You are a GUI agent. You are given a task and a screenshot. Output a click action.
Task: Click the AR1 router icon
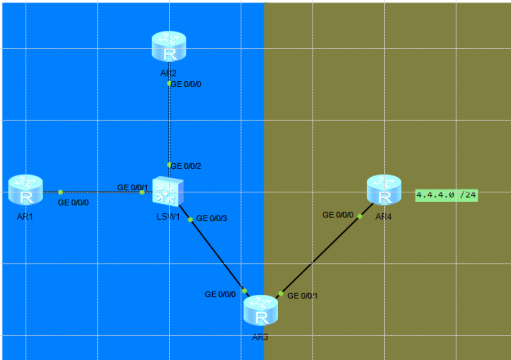[x=25, y=191]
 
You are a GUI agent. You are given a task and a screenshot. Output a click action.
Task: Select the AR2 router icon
[x=168, y=47]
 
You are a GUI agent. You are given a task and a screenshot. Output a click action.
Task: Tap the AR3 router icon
[x=261, y=311]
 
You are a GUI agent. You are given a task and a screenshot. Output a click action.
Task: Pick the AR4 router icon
[x=383, y=190]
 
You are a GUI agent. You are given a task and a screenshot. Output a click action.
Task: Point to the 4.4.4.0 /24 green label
[x=446, y=195]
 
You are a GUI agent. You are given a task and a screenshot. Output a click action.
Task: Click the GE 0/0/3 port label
[x=212, y=218]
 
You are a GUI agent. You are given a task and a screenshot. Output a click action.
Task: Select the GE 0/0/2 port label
[x=186, y=166]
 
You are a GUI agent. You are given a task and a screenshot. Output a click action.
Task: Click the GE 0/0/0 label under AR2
[x=186, y=84]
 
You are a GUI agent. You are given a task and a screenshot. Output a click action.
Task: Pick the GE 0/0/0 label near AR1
[x=73, y=203]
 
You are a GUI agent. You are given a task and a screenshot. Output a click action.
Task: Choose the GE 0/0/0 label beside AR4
[x=338, y=215]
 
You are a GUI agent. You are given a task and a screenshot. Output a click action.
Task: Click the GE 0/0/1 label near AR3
[x=303, y=296]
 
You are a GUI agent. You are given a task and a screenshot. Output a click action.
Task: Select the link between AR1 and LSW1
[x=100, y=192]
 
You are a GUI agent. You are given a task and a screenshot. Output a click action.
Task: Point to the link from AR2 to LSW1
[x=169, y=124]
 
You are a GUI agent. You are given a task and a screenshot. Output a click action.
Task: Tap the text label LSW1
[x=168, y=216]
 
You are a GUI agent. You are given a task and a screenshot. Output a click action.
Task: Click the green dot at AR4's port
[x=360, y=216]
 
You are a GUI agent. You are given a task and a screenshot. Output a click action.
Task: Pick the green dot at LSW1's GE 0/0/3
[x=190, y=219]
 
